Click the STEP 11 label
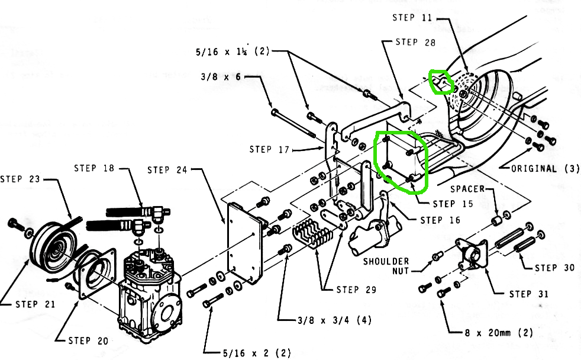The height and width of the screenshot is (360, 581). coord(412,17)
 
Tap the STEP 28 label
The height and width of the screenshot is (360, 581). coord(415,42)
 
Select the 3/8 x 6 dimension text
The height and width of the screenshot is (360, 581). coord(221,77)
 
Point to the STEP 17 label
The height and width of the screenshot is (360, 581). coord(269,149)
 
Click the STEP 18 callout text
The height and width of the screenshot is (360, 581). coord(94,168)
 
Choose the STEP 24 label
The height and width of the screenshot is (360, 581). coord(167,170)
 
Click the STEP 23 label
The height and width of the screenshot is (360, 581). coord(20,179)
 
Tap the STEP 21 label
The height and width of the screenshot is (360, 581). coord(35,304)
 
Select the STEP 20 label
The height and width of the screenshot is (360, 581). coord(88,340)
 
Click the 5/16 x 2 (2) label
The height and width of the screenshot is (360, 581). coord(257,353)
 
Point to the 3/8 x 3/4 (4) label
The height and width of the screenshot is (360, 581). coord(335,320)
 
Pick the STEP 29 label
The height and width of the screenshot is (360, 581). coord(356,290)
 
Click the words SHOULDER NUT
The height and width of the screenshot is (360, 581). coord(386,266)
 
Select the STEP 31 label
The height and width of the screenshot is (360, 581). coord(529,294)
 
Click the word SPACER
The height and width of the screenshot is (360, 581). coord(467,189)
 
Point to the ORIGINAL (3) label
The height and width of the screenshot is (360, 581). coord(545,169)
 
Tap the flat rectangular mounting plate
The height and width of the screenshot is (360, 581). coord(244,243)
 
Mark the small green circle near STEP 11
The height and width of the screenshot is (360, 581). coord(441,82)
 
